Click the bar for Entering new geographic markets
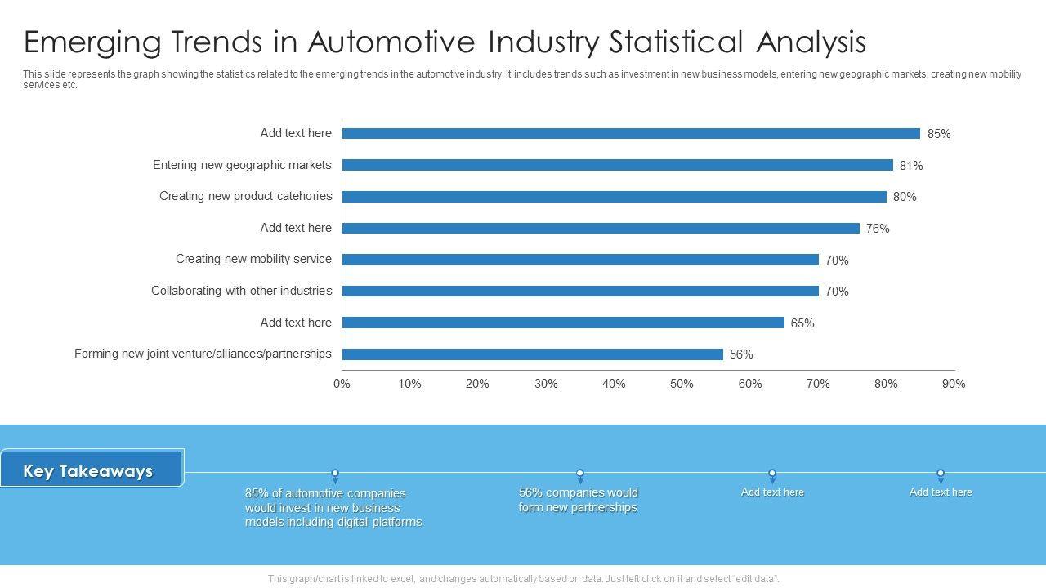point(617,165)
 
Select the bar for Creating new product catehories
point(614,197)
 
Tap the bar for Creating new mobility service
point(580,260)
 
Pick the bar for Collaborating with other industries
point(580,292)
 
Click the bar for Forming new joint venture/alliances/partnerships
point(532,354)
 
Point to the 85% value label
point(939,134)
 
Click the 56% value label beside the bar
point(741,354)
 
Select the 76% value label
point(878,229)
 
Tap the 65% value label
point(802,323)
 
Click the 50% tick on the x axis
point(682,384)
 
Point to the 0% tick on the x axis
point(342,384)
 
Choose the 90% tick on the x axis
point(954,384)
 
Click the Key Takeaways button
point(89,471)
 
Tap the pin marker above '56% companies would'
point(580,474)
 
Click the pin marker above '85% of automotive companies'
point(335,474)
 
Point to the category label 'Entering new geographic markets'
point(242,165)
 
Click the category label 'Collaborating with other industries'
point(241,291)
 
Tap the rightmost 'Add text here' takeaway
point(941,492)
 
